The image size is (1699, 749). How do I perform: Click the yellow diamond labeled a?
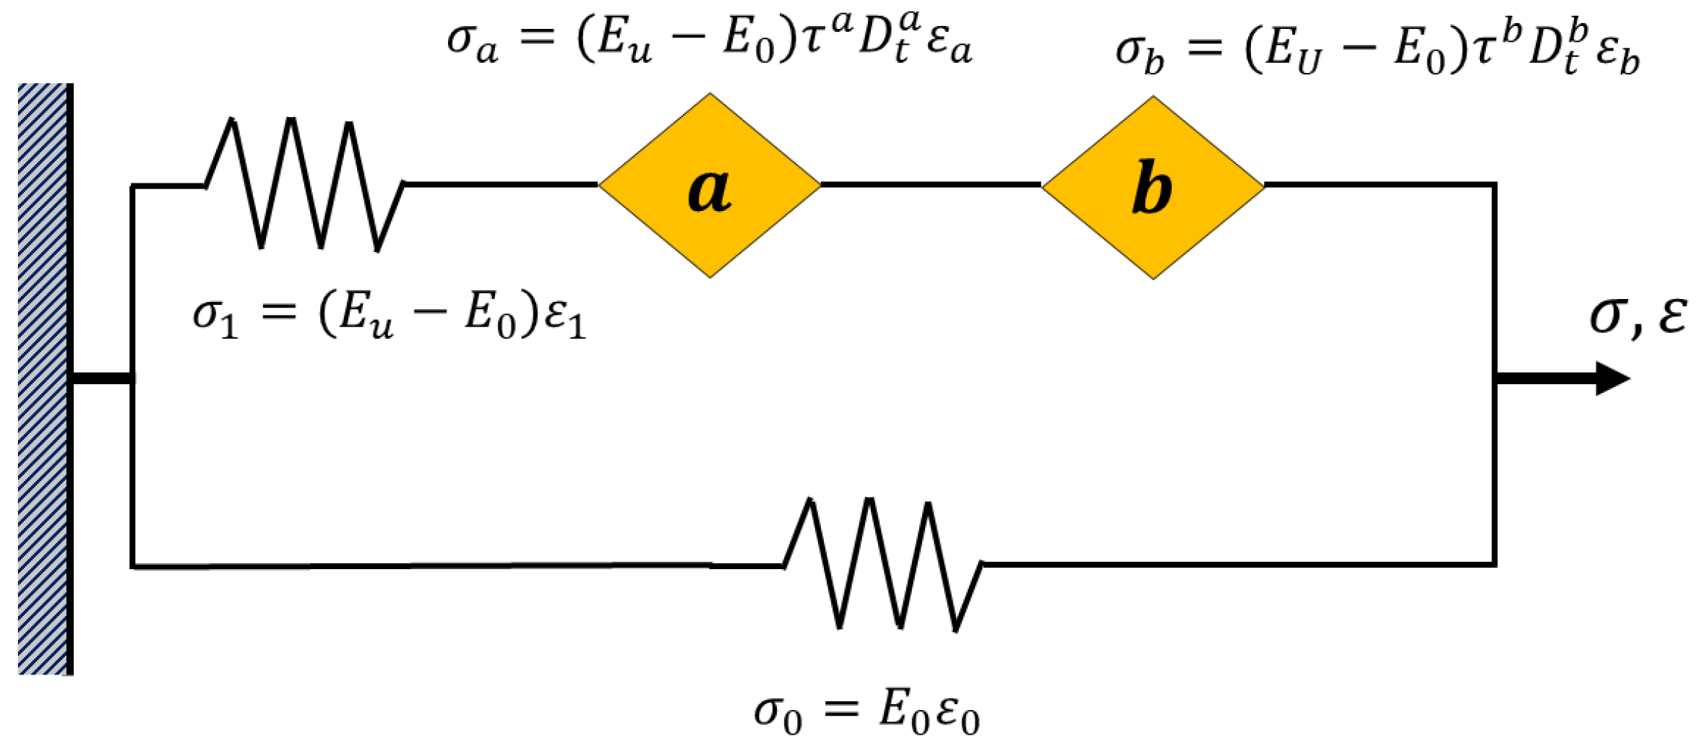pos(710,185)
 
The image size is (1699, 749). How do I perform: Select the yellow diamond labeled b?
pos(1153,187)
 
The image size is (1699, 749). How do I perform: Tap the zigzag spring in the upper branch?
pos(304,185)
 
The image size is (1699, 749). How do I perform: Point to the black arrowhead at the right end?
pos(1612,378)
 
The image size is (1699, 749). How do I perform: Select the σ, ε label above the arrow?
pos(1638,316)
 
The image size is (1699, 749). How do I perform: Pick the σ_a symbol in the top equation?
pos(472,44)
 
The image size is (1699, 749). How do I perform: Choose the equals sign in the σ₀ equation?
pos(841,709)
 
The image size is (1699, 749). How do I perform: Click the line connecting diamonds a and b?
pos(931,185)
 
